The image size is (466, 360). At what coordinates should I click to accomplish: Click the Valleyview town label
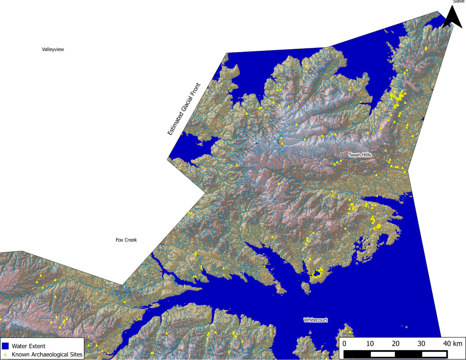coord(53,49)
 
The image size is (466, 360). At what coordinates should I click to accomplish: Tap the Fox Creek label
coord(126,240)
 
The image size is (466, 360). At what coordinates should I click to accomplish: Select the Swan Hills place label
coord(360,155)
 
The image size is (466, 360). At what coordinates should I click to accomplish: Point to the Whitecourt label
coord(315,320)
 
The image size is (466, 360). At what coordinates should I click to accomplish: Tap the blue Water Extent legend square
coord(5,346)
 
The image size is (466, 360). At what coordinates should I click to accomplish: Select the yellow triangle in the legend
coord(5,354)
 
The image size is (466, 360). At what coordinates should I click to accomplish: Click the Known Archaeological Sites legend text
coord(45,354)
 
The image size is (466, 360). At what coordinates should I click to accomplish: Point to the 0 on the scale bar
coord(344,343)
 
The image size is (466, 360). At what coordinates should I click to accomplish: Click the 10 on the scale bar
coord(370,343)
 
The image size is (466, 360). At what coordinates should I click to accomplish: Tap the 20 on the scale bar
coord(395,343)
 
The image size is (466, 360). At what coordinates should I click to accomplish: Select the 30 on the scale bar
coord(421,343)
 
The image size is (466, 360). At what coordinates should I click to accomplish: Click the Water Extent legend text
coord(29,346)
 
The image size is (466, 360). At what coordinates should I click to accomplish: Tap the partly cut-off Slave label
coord(458,2)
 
